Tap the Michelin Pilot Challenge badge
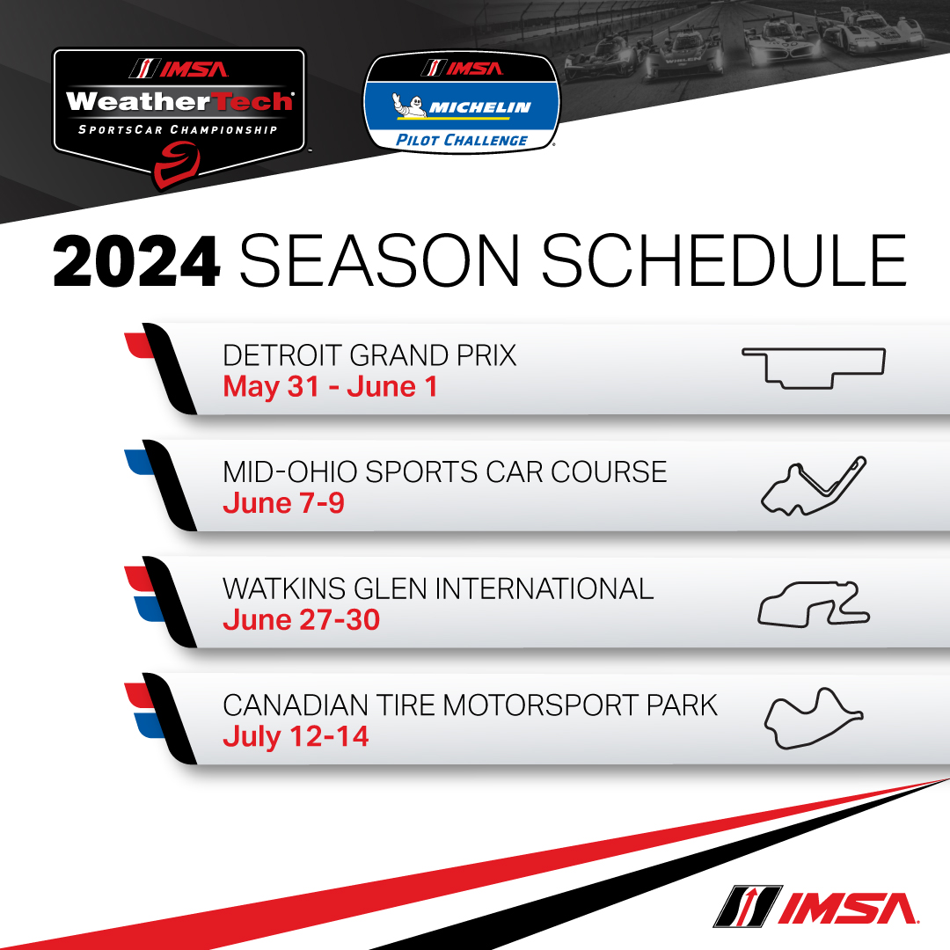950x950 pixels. (x=462, y=102)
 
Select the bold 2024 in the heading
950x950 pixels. (x=136, y=261)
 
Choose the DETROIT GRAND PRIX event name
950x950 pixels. (x=369, y=355)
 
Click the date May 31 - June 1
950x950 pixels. (x=330, y=387)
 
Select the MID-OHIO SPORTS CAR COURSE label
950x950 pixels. (x=445, y=472)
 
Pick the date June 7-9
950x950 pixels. (x=283, y=503)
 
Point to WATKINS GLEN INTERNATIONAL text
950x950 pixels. (x=438, y=588)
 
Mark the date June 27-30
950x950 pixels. (x=301, y=620)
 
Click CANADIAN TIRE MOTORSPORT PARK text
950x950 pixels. (x=470, y=705)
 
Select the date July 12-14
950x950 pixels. (x=296, y=737)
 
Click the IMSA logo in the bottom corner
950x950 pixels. (x=815, y=907)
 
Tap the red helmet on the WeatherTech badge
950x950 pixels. (x=176, y=165)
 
